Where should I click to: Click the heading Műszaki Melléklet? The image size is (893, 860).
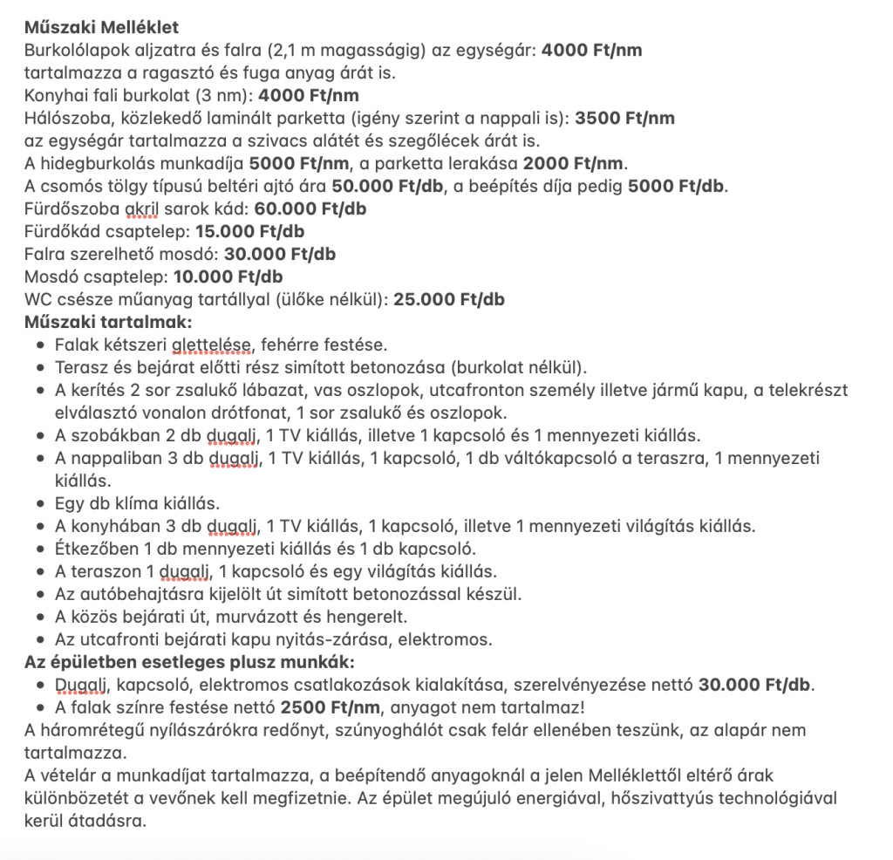101,28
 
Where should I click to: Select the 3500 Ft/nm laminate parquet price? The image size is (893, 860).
624,118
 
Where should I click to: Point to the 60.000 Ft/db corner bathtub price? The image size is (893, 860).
310,208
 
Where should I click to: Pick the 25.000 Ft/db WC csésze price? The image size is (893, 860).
449,299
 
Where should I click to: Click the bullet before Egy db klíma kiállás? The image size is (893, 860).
41,503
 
